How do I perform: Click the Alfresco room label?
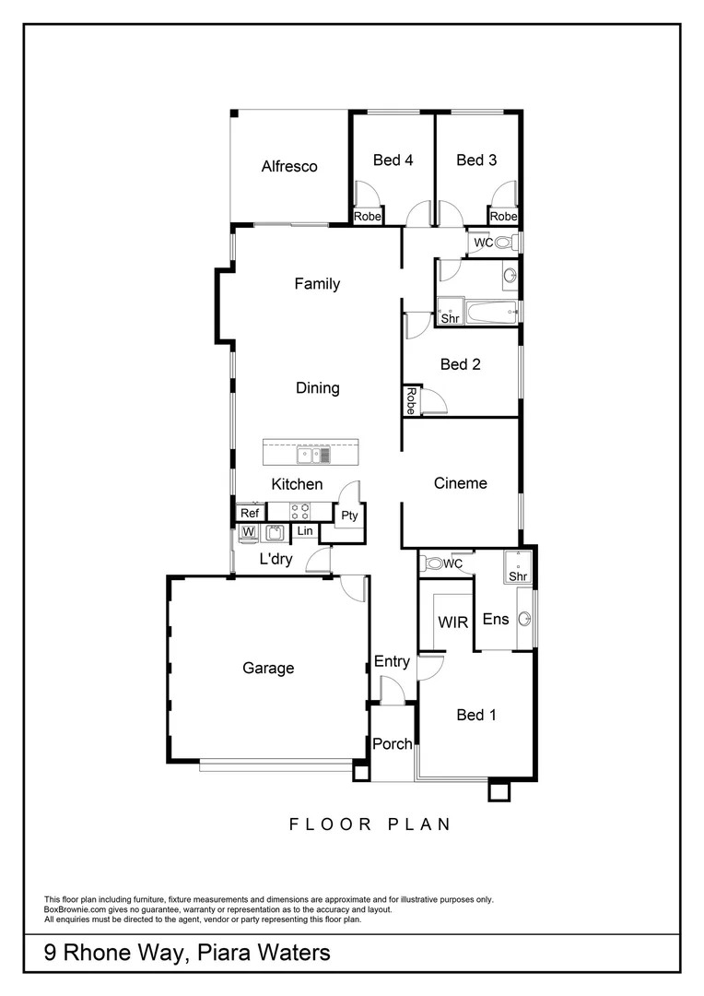coord(288,166)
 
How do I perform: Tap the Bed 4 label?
coord(393,160)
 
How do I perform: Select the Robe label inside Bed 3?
coord(503,217)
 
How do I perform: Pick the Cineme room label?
coord(460,483)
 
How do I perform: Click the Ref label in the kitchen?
coord(249,514)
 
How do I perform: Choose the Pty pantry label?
coord(349,516)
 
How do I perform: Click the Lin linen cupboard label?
coord(304,532)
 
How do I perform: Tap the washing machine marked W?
coord(247,532)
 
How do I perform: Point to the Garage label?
coord(268,668)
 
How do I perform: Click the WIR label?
coord(452,622)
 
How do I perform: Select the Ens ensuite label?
coord(496,619)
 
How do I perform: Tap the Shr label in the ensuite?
coord(518,576)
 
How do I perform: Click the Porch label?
coord(392,744)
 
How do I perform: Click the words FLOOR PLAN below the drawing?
coord(370,824)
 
